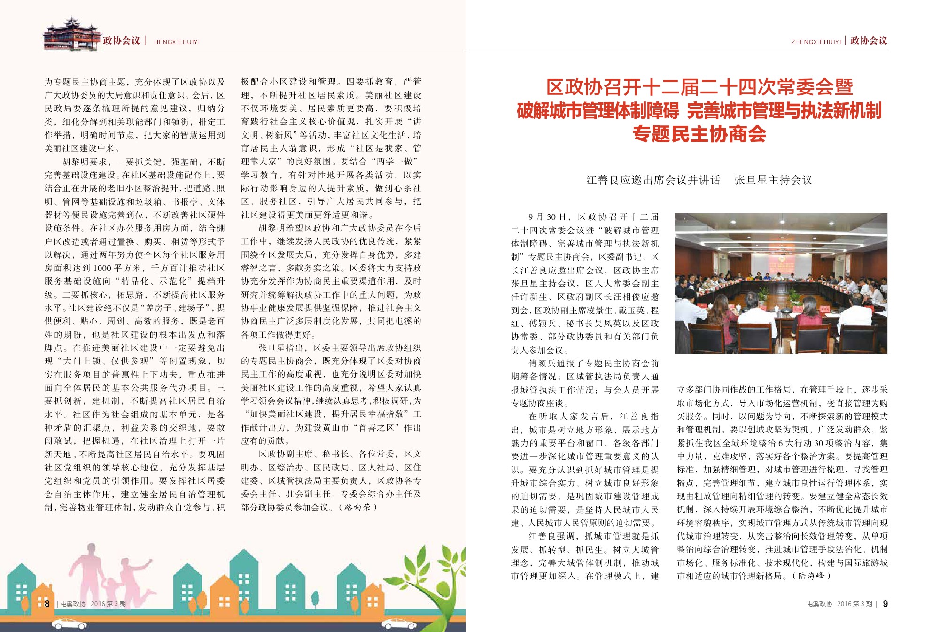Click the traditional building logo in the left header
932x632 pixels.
click(x=71, y=34)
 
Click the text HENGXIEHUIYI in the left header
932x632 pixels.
click(x=177, y=42)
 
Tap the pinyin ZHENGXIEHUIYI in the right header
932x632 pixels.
click(x=815, y=42)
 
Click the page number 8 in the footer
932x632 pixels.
click(x=47, y=603)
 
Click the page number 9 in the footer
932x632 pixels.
click(x=885, y=604)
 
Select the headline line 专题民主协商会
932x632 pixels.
click(x=699, y=134)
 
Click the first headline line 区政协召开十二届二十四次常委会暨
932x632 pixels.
click(x=699, y=87)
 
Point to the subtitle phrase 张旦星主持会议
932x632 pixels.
click(x=773, y=180)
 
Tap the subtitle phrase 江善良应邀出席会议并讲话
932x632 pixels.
click(x=653, y=180)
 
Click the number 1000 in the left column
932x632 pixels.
click(x=102, y=268)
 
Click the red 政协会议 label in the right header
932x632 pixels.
click(x=869, y=41)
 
